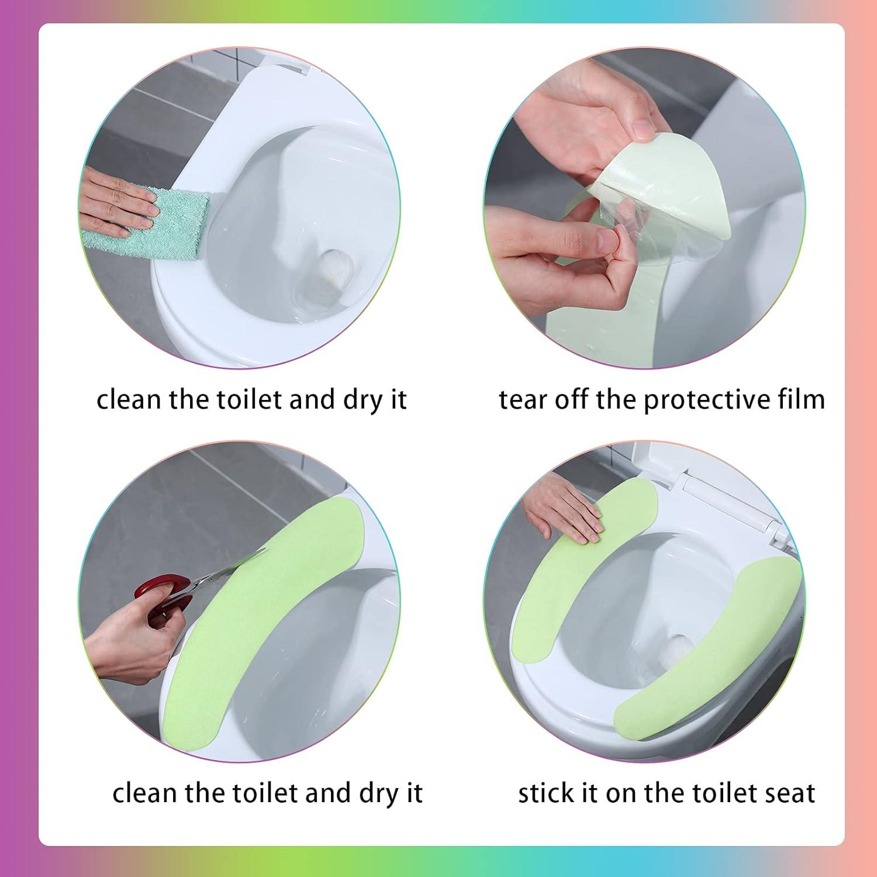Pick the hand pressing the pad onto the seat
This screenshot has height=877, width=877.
click(561, 512)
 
